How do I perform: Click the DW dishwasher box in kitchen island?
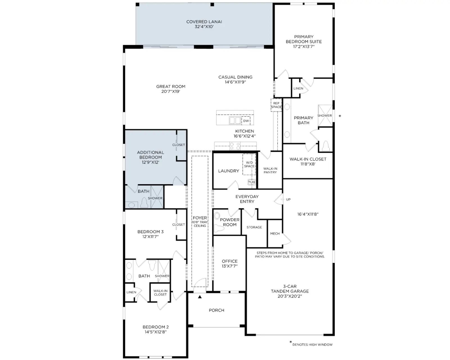coord(246,121)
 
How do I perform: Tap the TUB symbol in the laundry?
coord(251,182)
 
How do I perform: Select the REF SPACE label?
coord(276,105)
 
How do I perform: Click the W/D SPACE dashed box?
coord(249,164)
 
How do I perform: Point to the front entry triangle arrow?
coord(200,297)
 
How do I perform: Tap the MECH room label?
coord(275,233)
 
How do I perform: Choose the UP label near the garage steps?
coord(288,199)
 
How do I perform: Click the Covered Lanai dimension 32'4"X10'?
coord(204,26)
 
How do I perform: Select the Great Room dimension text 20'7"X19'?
coord(171,91)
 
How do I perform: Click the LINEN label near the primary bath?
coord(298,88)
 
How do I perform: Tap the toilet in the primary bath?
coord(326,145)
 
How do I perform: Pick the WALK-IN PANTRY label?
coord(270,170)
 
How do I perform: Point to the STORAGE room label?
coord(254,227)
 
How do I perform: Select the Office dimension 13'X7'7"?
coord(229,266)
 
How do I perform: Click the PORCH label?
coord(217,310)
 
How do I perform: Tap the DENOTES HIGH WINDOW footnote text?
coord(312,345)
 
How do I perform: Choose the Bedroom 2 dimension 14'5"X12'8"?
coord(156,332)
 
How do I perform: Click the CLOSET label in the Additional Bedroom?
coord(179,145)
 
